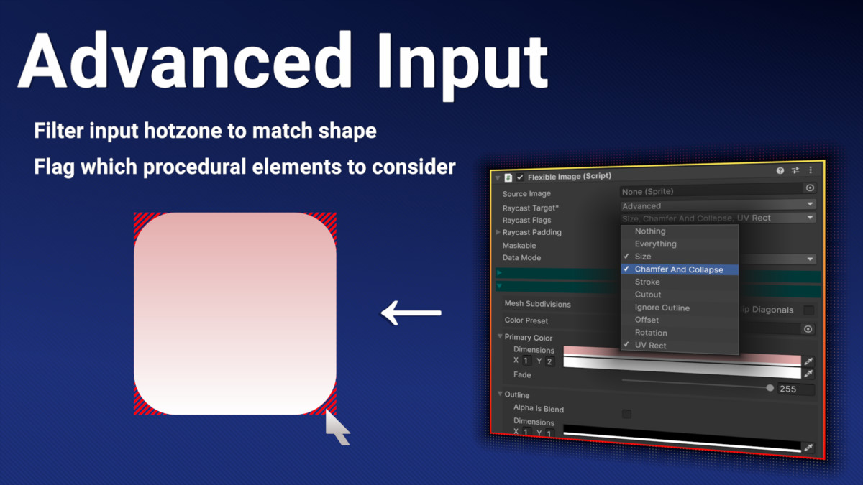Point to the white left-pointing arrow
411,313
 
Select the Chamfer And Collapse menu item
679,269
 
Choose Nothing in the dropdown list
650,231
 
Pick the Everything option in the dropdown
655,244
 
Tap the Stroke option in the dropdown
647,282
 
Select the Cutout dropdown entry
648,295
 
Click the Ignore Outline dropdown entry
662,308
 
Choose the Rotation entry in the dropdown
651,333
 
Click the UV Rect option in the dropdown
650,346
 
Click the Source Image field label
526,194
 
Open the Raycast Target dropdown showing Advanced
718,205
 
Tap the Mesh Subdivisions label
537,304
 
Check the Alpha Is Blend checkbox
626,414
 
